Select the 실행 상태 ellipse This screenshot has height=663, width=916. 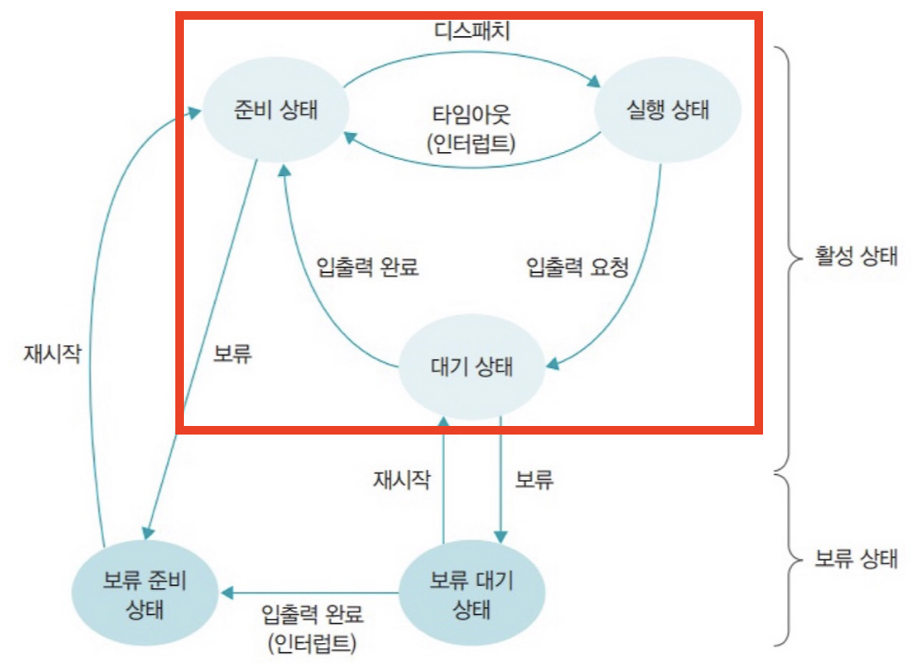point(669,112)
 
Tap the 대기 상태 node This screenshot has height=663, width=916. point(471,368)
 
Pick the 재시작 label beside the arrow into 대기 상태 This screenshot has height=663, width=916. point(400,479)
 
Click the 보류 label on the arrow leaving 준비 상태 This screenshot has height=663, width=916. point(231,353)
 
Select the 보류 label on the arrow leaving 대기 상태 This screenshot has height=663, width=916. point(534,479)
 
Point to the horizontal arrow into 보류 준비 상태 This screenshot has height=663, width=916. point(309,593)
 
